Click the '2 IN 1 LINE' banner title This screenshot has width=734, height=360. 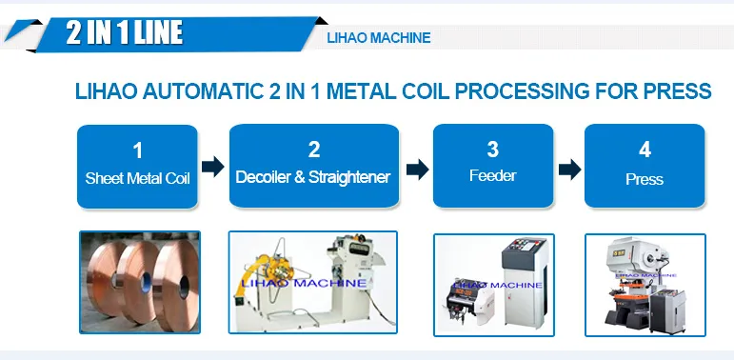[x=124, y=32]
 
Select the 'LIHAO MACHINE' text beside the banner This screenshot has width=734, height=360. [x=379, y=38]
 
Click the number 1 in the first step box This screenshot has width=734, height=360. [x=137, y=150]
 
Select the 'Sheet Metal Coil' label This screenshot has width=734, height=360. [x=138, y=178]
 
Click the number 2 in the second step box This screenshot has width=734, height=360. [x=314, y=150]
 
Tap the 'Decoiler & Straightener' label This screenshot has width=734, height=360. [x=313, y=177]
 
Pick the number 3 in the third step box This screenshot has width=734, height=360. [x=492, y=150]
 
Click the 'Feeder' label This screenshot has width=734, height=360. [x=493, y=175]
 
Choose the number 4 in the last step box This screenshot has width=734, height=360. [x=645, y=150]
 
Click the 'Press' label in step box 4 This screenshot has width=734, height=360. [x=645, y=179]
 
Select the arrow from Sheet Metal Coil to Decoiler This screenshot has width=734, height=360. [x=213, y=167]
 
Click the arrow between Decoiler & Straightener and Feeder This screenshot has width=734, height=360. [x=418, y=169]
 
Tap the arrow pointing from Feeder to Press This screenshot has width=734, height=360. [x=569, y=169]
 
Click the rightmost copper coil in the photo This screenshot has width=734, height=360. [x=178, y=286]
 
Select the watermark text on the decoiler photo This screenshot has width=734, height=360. [x=304, y=283]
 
